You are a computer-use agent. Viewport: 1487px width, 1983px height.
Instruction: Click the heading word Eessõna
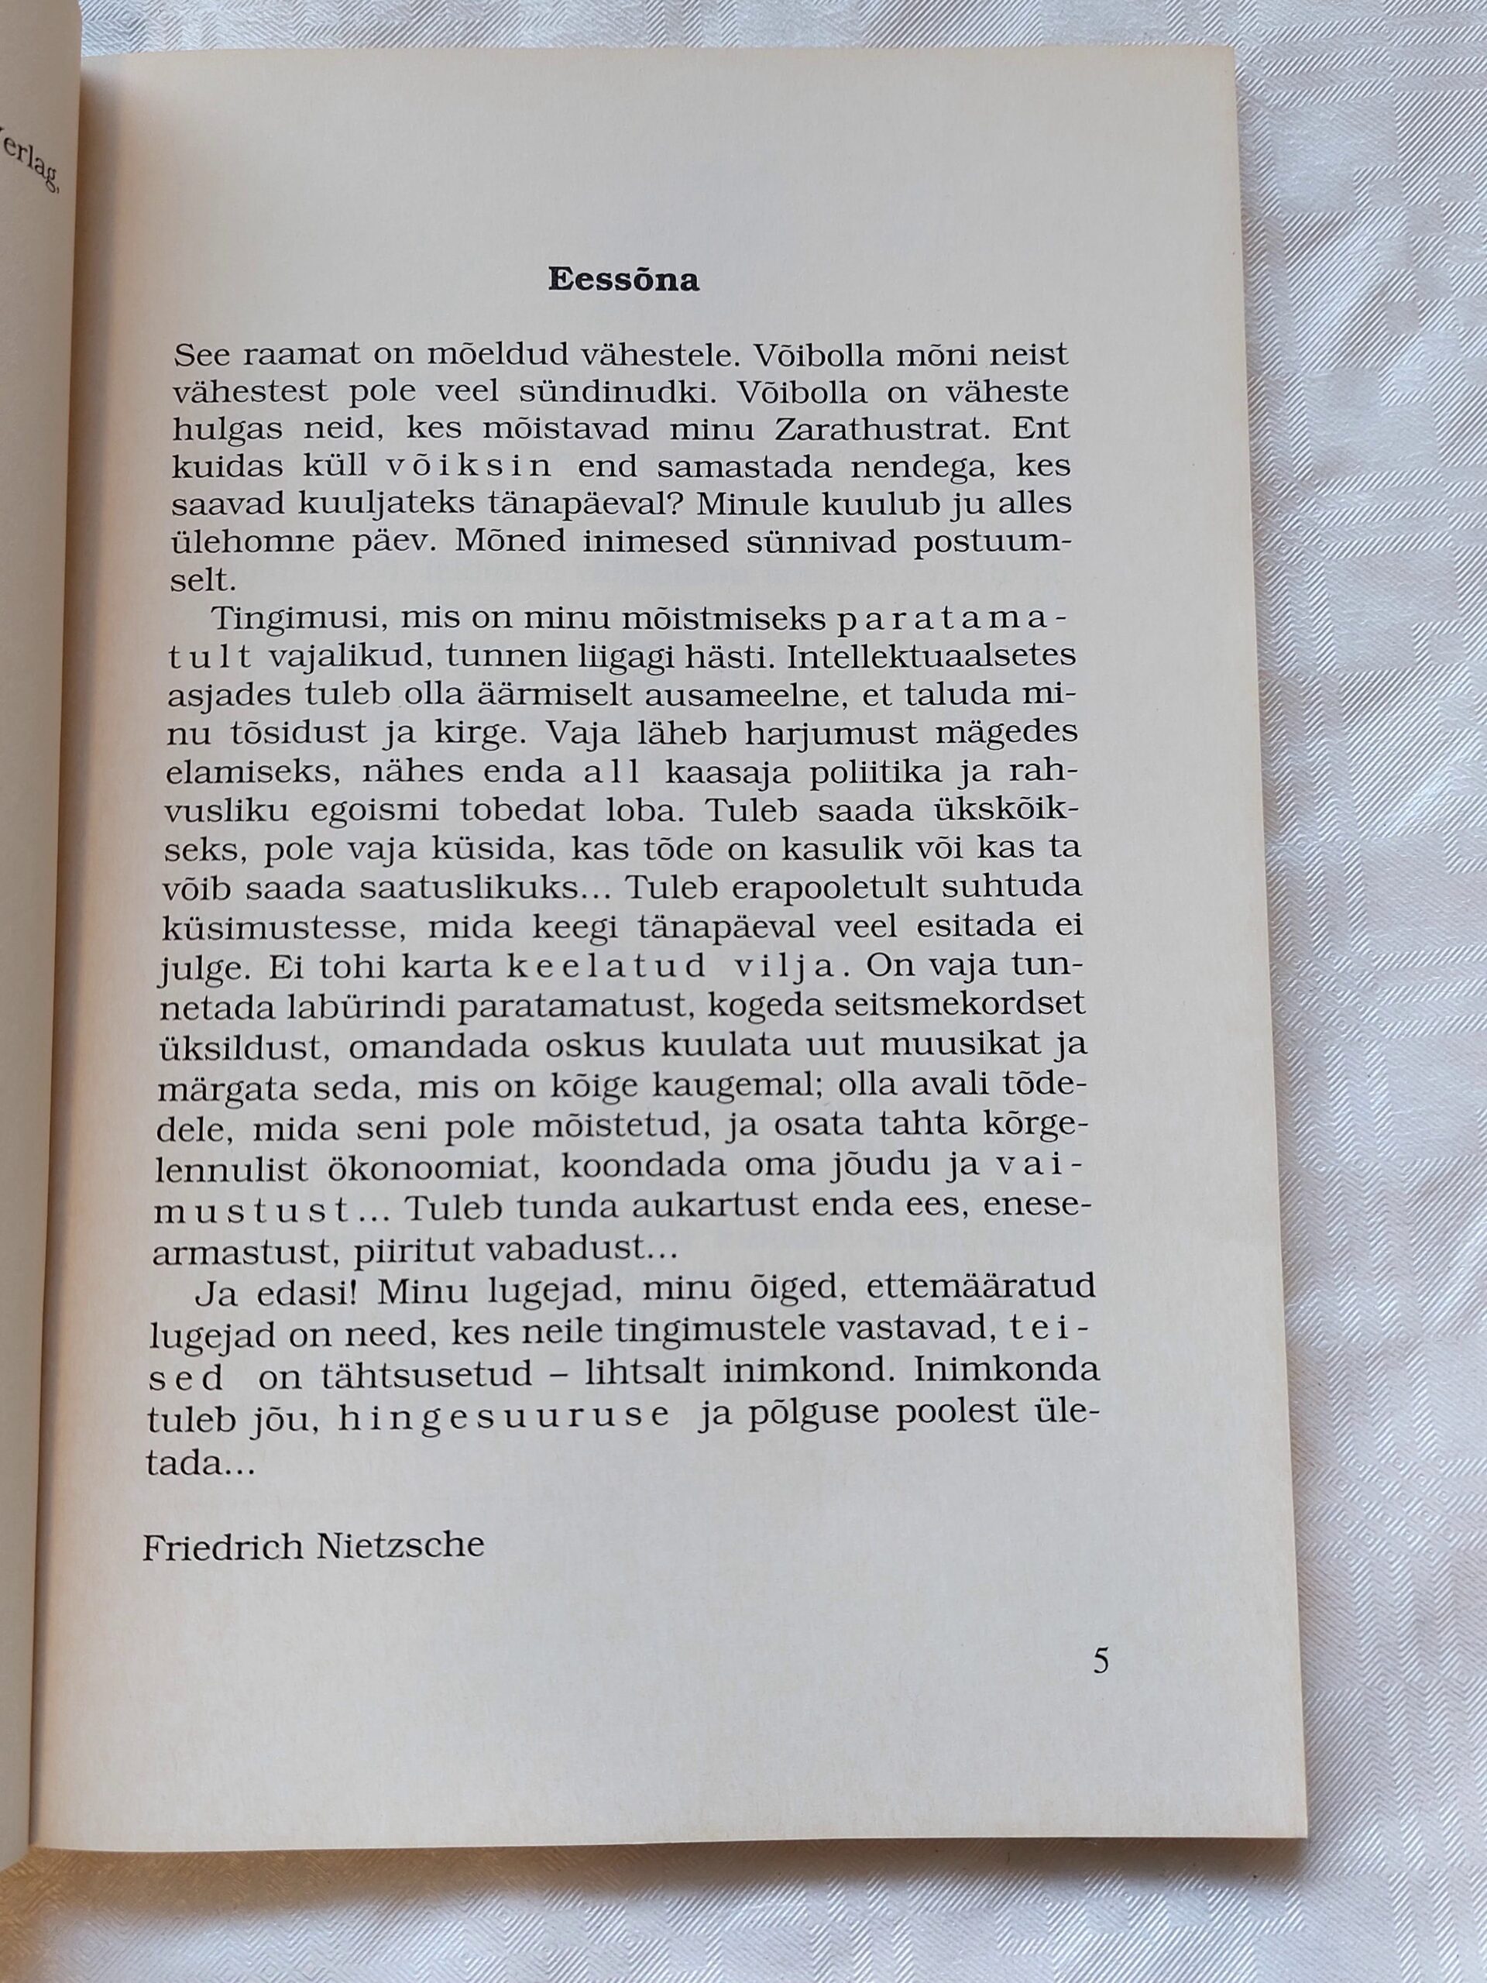point(623,281)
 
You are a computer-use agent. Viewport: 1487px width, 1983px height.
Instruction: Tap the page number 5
point(1101,1662)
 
